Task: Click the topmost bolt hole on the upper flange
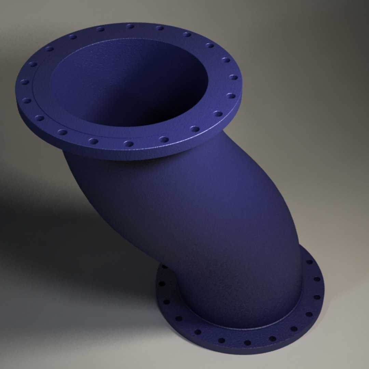click(x=130, y=26)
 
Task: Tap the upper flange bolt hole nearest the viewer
click(x=128, y=143)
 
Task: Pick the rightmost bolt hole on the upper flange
click(x=233, y=77)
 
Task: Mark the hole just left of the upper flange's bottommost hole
click(x=93, y=140)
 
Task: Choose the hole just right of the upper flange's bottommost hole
click(x=164, y=139)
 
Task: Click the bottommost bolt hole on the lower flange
click(x=247, y=343)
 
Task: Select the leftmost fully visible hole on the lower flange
click(x=162, y=284)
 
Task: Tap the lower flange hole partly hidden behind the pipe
click(x=165, y=266)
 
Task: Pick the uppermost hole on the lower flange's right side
click(x=309, y=262)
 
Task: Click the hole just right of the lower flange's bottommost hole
click(x=272, y=339)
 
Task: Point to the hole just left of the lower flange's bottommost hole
click(x=222, y=340)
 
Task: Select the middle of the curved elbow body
click(x=205, y=219)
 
